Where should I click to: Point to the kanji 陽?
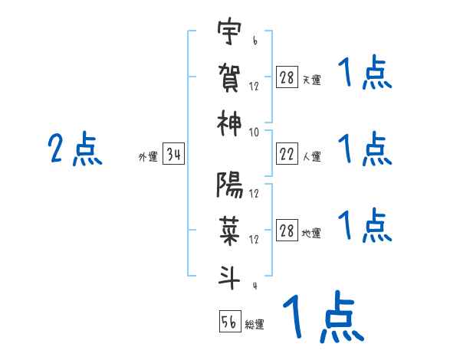coord(229,186)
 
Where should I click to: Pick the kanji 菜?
coord(229,229)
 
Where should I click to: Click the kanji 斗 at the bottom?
coord(229,273)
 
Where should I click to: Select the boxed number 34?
coord(173,155)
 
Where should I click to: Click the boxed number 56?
coord(229,322)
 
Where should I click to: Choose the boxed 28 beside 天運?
coord(287,78)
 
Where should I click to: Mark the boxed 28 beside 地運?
coord(287,231)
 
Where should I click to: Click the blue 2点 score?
coord(74,149)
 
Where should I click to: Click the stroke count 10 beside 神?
coord(254,132)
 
